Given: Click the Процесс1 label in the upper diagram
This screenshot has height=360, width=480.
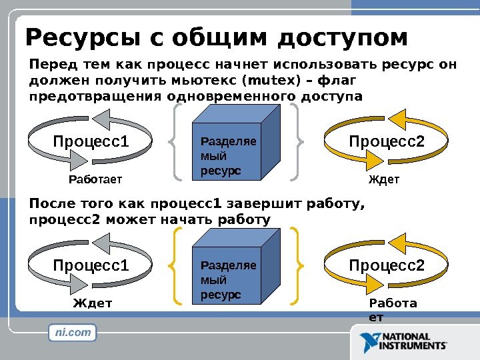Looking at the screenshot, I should pyautogui.click(x=91, y=141).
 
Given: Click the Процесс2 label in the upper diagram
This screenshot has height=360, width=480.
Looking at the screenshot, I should pyautogui.click(x=387, y=141).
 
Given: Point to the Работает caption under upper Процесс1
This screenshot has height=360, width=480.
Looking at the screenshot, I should pyautogui.click(x=97, y=180).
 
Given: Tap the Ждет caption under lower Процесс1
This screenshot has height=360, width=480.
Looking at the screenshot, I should pyautogui.click(x=93, y=304).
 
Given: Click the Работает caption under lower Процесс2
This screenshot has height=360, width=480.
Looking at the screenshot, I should pyautogui.click(x=393, y=310).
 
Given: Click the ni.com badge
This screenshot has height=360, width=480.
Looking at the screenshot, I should pyautogui.click(x=73, y=332).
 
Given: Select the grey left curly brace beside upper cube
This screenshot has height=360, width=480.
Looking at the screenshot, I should pyautogui.click(x=175, y=141).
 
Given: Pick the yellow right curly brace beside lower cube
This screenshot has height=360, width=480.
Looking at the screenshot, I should pyautogui.click(x=299, y=265).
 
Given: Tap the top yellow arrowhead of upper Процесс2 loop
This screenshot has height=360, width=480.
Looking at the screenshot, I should pyautogui.click(x=397, y=119).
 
